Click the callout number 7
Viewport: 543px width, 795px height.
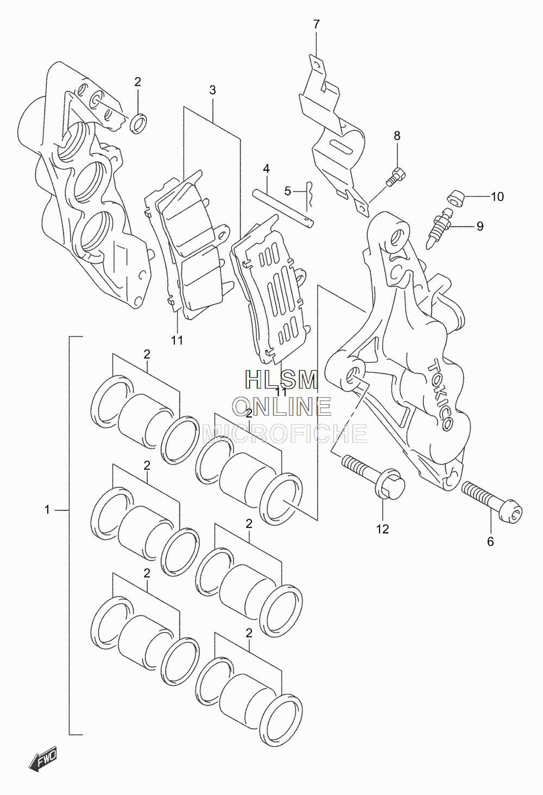316,24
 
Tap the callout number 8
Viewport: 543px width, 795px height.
397,136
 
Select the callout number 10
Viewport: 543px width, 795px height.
497,196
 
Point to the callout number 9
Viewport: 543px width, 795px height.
480,226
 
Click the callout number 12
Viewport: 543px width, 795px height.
382,529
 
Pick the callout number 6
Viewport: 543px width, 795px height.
490,542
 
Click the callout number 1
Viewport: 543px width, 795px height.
47,510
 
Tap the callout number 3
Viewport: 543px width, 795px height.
212,90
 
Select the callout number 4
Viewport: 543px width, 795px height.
267,169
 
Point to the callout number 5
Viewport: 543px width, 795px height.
287,192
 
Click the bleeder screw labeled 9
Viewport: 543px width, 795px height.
439,228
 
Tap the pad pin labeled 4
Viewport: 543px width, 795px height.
283,209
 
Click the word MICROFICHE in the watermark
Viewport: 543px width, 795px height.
284,434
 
